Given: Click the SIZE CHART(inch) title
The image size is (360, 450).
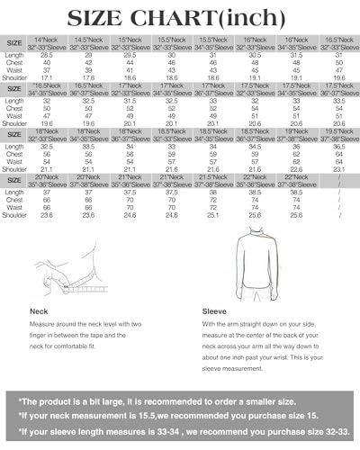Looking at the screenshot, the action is (180, 17).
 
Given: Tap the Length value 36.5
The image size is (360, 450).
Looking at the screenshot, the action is (337, 147).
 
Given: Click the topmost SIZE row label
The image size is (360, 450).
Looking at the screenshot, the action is (15, 42).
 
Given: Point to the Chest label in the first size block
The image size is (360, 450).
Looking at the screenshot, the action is (15, 63).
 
